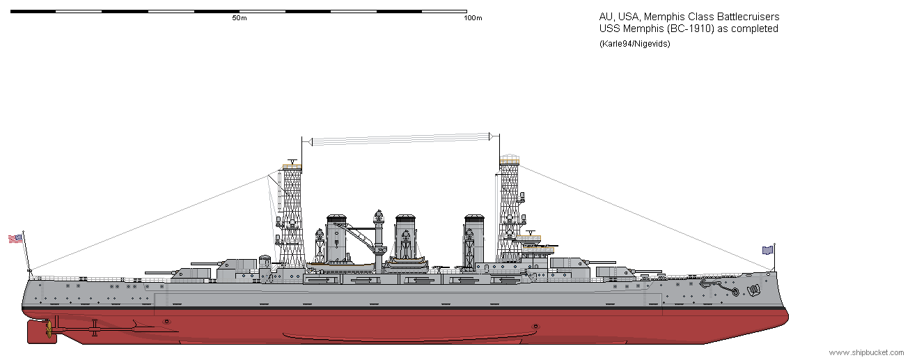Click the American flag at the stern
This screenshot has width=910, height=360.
(15, 239)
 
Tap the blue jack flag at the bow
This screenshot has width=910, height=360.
(767, 250)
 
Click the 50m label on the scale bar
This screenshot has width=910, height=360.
(240, 18)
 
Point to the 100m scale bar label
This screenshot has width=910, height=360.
(473, 18)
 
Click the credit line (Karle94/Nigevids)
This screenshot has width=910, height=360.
(634, 44)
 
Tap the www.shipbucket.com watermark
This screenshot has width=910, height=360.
(866, 352)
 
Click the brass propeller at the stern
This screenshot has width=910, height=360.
(49, 329)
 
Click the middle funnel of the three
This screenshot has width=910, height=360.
(405, 237)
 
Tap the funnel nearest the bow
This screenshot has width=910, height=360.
(474, 239)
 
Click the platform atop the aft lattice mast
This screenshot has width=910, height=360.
(292, 166)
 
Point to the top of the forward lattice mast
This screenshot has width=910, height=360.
(510, 159)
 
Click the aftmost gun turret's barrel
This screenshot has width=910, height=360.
(159, 273)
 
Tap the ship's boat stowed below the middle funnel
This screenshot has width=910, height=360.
(406, 261)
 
